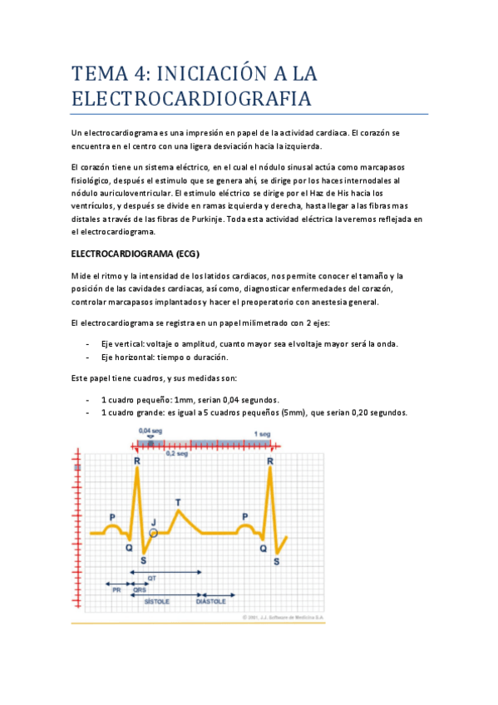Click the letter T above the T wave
[x=177, y=502]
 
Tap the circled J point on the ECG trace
[x=153, y=532]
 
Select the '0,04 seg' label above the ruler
[x=150, y=431]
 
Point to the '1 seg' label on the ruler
[x=262, y=434]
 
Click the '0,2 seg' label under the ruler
[x=175, y=454]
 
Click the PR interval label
[x=117, y=589]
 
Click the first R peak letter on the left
[x=137, y=461]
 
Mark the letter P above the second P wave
[x=244, y=516]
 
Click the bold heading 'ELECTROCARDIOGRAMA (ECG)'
[x=136, y=253]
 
